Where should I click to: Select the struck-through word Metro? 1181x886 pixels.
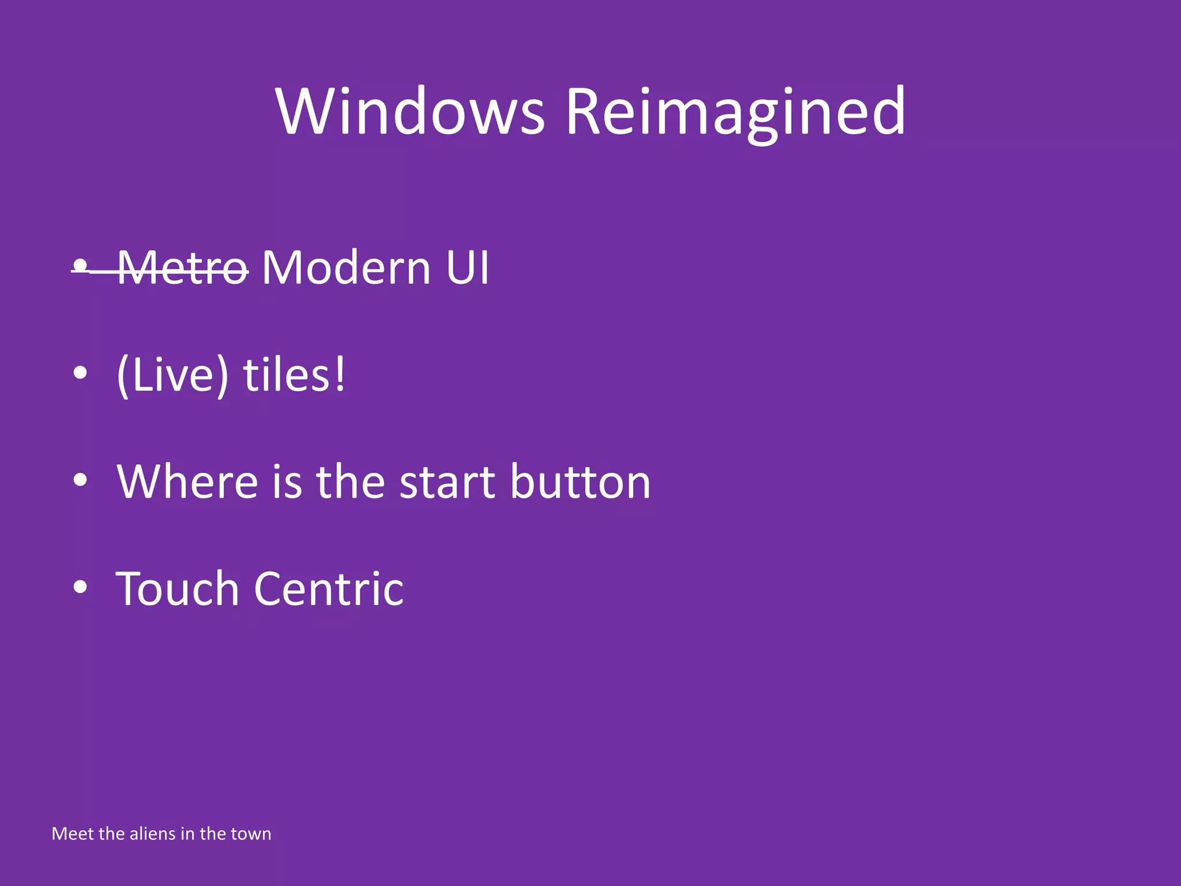coord(183,268)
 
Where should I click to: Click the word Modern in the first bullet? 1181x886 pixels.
coord(346,268)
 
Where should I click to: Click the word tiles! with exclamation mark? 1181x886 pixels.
coord(294,375)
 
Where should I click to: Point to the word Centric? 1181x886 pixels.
coord(329,589)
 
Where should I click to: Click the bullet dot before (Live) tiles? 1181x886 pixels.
coord(81,373)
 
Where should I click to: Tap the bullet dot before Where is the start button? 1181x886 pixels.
coord(81,480)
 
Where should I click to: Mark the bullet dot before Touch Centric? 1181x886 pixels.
coord(81,587)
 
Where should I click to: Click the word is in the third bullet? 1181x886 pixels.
coord(287,482)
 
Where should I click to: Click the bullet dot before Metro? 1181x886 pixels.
coord(81,266)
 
